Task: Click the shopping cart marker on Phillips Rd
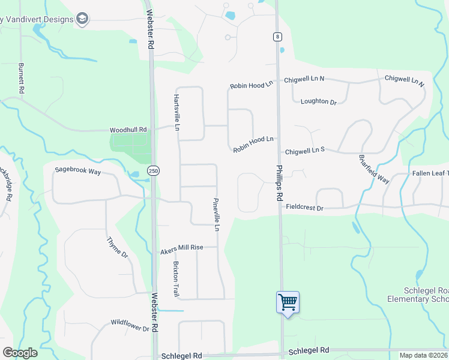288,301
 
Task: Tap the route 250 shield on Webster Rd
154,171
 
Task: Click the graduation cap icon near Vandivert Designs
82,19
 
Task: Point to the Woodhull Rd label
128,130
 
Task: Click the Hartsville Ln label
177,112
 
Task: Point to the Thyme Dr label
117,247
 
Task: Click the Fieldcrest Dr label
304,208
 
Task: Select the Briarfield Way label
374,169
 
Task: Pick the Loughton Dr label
318,101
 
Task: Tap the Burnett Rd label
22,78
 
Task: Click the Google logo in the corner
20,353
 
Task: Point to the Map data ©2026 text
423,355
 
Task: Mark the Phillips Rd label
280,183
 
